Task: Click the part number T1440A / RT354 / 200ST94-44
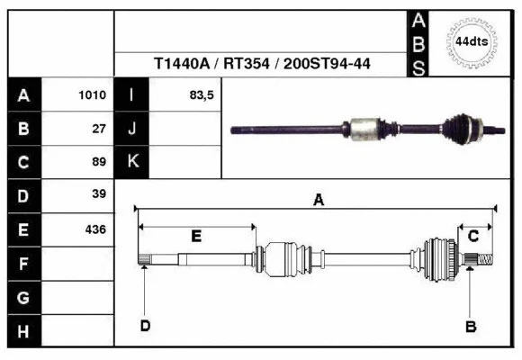click(264, 65)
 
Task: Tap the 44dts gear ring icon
click(471, 41)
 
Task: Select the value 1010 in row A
click(93, 94)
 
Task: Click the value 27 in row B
click(99, 128)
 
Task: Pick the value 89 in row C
click(99, 162)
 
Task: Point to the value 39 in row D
click(99, 194)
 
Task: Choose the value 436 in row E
click(94, 229)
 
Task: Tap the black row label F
click(23, 264)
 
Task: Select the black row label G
click(23, 298)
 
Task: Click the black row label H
click(23, 331)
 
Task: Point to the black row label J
click(131, 128)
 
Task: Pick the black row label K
click(131, 162)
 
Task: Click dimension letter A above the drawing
click(318, 202)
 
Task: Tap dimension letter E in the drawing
click(196, 236)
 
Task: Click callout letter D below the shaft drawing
click(144, 325)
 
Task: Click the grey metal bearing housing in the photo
click(366, 128)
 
